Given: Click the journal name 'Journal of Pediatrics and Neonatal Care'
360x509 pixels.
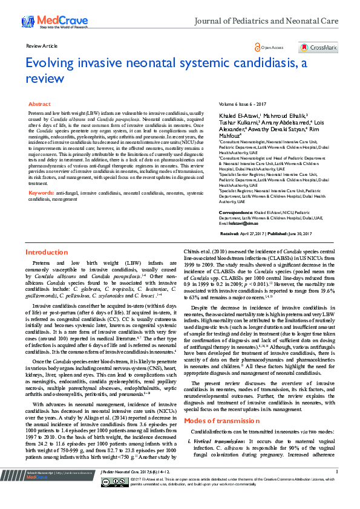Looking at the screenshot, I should click(x=271, y=21).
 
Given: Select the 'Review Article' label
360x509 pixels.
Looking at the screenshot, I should click(x=42, y=46).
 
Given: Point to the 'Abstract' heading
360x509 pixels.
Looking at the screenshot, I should click(x=40, y=105).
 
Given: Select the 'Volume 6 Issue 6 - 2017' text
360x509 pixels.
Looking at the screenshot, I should click(x=244, y=105).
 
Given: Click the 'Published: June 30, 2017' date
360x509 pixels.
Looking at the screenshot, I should click(x=299, y=250).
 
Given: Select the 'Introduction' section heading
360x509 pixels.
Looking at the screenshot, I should click(x=46, y=268).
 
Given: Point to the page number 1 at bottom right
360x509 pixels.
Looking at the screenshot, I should click(x=333, y=487).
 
